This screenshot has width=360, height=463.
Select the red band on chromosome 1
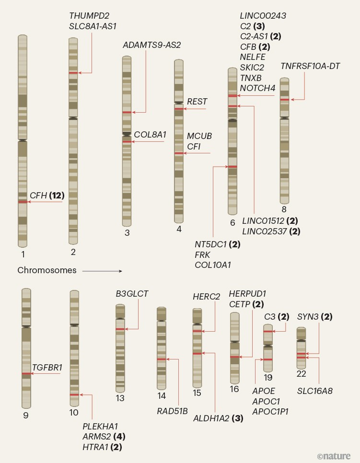click(23, 202)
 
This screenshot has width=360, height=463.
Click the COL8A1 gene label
click(150, 135)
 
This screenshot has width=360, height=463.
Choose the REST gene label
click(197, 102)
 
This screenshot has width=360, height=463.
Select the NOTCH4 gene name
click(257, 88)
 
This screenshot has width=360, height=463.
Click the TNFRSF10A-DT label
click(310, 66)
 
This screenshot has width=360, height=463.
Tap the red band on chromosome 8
click(284, 100)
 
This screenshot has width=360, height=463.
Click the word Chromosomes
click(47, 270)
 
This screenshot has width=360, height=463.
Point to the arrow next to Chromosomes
click(102, 271)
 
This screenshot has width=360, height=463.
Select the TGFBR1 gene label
click(47, 368)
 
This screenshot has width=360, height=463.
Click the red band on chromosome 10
click(74, 394)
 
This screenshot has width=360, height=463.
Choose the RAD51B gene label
click(172, 411)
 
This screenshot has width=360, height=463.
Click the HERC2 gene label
click(206, 297)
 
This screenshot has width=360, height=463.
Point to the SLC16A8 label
click(314, 391)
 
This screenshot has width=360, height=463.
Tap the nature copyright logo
click(334, 456)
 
